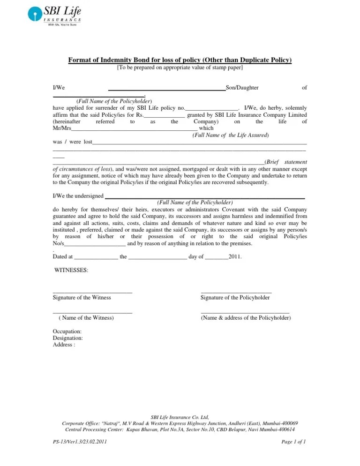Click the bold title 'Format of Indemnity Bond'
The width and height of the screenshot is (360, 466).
(x=180, y=60)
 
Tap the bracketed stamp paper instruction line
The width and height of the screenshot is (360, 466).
(x=180, y=68)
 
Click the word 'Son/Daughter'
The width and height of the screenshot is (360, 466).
(x=242, y=87)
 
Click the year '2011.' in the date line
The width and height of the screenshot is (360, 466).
(x=235, y=256)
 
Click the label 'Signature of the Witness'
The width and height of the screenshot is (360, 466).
(x=82, y=298)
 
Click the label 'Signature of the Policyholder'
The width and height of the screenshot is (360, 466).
(x=235, y=298)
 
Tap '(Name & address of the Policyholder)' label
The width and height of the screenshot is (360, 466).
(x=246, y=318)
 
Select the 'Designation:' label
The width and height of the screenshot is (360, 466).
(x=68, y=338)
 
